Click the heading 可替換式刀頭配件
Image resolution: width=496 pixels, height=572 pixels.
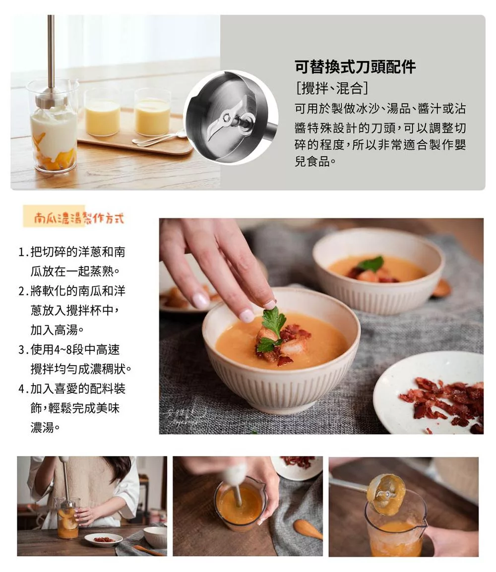click(x=355, y=67)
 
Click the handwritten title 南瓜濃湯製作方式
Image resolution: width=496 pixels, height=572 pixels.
click(x=79, y=218)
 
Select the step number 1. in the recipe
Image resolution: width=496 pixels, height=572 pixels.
click(x=24, y=252)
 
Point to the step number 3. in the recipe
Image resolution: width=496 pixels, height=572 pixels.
click(x=24, y=350)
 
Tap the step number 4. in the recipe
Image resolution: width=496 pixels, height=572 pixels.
click(x=24, y=389)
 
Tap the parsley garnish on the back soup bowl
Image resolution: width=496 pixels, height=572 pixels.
click(x=372, y=263)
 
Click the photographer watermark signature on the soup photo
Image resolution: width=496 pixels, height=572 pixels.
click(x=185, y=416)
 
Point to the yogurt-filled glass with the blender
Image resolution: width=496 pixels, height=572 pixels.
click(x=54, y=126)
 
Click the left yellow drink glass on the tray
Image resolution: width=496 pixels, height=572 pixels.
click(x=103, y=113)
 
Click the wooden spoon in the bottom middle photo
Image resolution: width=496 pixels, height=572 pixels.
click(x=308, y=529)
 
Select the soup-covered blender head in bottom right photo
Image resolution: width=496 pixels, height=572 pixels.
click(x=386, y=494)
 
